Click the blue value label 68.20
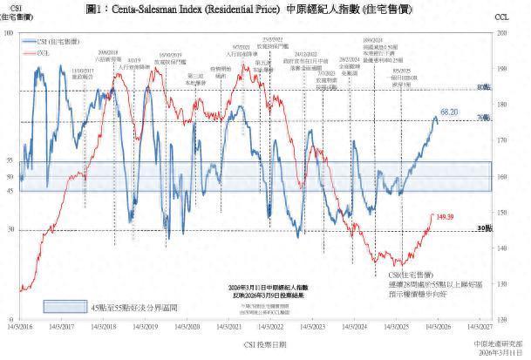pyautogui.click(x=449, y=112)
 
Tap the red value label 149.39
pyautogui.click(x=446, y=216)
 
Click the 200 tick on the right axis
pyautogui.click(x=500, y=32)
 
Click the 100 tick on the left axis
pyautogui.click(x=9, y=32)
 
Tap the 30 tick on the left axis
pyautogui.click(x=10, y=230)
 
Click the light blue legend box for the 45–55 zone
pyautogui.click(x=65, y=307)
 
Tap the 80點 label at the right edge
pyautogui.click(x=485, y=88)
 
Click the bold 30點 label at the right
pyautogui.click(x=484, y=228)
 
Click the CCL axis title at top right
pyautogui.click(x=501, y=17)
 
